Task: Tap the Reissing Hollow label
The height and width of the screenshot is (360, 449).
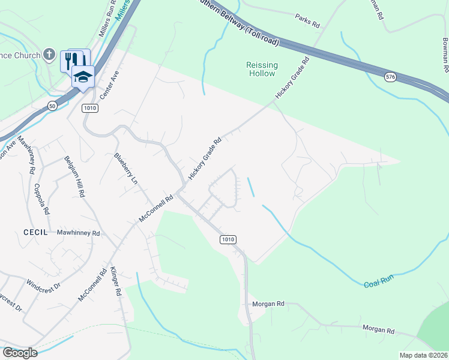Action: click(261, 69)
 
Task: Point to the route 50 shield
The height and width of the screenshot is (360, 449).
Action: click(53, 106)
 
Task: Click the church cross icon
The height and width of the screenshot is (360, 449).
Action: click(52, 55)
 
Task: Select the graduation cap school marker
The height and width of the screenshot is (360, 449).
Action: click(83, 76)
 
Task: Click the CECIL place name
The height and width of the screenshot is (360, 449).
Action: click(35, 232)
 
